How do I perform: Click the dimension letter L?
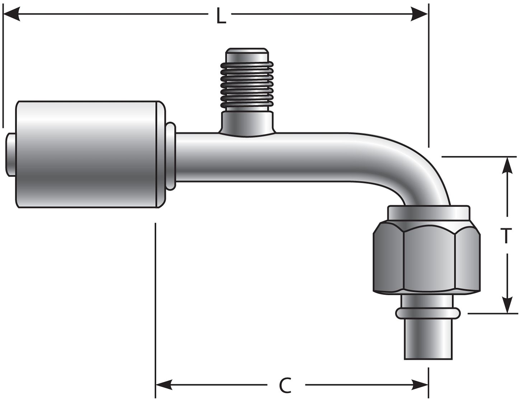(221, 16)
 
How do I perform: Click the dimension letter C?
(285, 386)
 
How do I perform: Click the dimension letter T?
(506, 236)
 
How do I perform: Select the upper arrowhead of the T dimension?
(507, 166)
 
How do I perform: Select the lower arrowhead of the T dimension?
(507, 305)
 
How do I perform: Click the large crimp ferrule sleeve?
(88, 154)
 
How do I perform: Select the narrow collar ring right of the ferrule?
(171, 156)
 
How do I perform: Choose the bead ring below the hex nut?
(428, 313)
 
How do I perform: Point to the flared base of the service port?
(247, 123)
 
